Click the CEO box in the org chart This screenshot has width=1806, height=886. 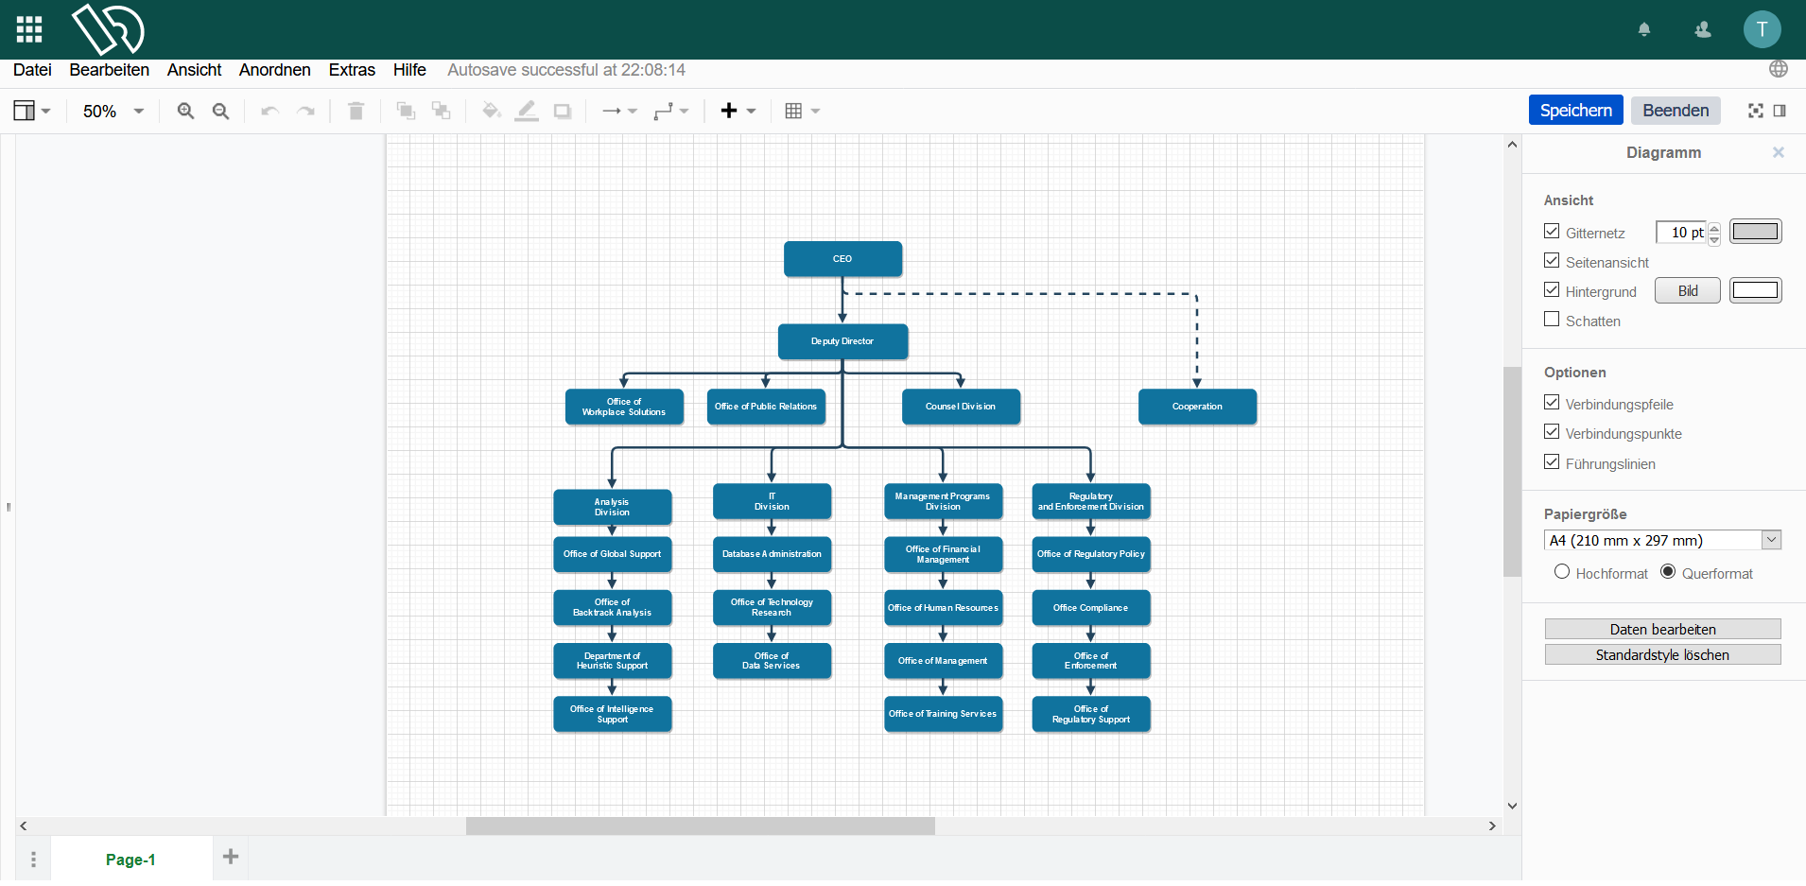(842, 259)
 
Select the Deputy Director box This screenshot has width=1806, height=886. (842, 341)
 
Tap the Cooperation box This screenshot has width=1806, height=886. (1197, 407)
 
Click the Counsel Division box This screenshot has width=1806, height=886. (961, 407)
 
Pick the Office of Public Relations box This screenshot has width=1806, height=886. (766, 407)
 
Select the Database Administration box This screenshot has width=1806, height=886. (772, 554)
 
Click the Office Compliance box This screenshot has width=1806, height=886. (1091, 608)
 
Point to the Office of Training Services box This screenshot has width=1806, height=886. (943, 714)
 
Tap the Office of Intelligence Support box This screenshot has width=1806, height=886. (612, 714)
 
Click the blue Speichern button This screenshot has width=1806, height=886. (1575, 111)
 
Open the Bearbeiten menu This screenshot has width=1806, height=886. (110, 70)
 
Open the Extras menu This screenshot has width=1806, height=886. (352, 70)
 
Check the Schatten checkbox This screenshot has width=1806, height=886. (1552, 320)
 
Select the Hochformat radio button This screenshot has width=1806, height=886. (1562, 572)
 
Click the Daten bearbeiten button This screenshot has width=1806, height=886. (1662, 630)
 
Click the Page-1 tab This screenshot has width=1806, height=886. (130, 860)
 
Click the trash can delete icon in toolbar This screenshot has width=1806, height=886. (356, 112)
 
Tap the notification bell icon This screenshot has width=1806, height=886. (1644, 29)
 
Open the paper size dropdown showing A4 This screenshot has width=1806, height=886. (1662, 540)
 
